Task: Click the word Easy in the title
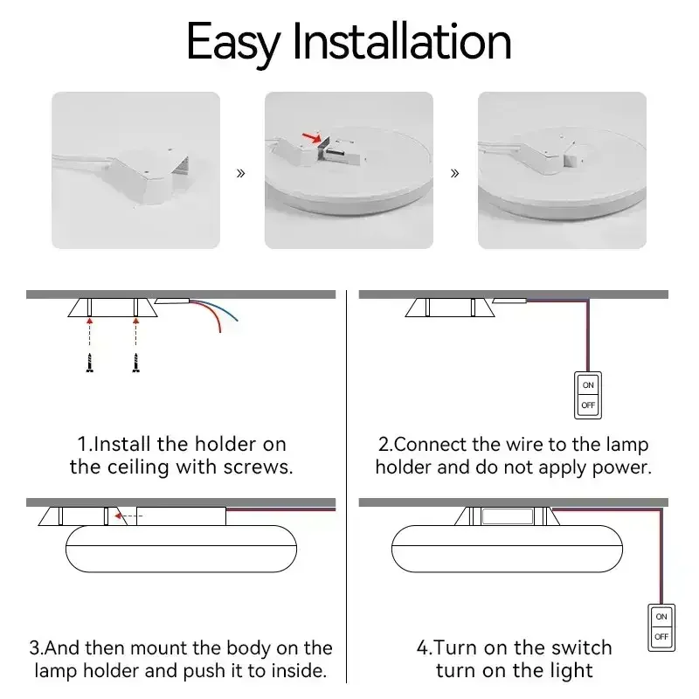click(x=233, y=43)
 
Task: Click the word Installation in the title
click(x=402, y=40)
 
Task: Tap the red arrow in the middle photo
click(x=312, y=137)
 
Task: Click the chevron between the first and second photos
click(x=241, y=173)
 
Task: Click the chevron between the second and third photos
click(x=454, y=173)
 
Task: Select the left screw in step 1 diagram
click(x=90, y=363)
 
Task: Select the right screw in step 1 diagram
click(x=136, y=363)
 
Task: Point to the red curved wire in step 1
click(x=212, y=312)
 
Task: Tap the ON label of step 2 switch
click(x=588, y=385)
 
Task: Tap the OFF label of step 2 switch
click(x=588, y=405)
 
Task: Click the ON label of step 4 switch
click(x=661, y=617)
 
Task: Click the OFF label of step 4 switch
click(x=661, y=637)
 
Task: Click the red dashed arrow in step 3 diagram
click(x=128, y=516)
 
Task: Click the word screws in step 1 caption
click(x=258, y=467)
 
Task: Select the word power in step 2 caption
click(x=621, y=468)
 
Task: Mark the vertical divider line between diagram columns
click(x=346, y=487)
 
